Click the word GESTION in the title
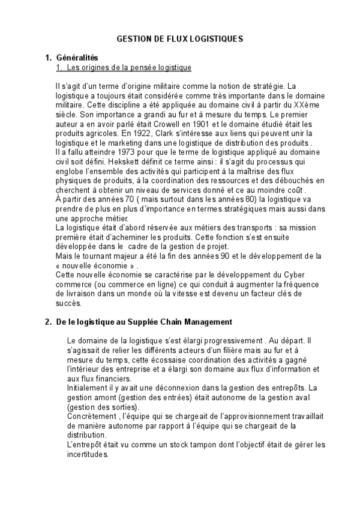coord(131,38)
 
